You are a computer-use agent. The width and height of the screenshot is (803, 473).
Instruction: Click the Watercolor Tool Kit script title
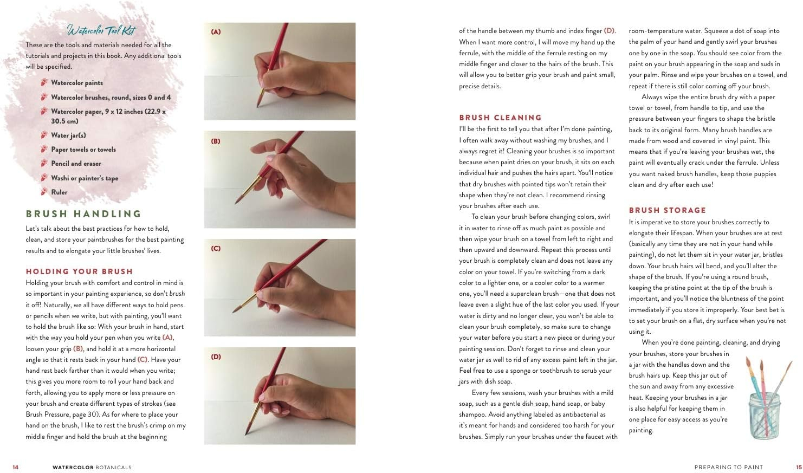click(101, 30)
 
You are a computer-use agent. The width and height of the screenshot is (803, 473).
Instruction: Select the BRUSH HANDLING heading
click(83, 214)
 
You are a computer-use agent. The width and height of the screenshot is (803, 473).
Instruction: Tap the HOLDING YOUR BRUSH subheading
click(79, 271)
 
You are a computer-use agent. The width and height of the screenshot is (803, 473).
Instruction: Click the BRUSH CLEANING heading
click(500, 118)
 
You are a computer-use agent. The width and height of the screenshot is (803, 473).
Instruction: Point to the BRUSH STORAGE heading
click(668, 210)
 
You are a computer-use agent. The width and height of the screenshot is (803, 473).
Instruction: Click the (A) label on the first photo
click(216, 32)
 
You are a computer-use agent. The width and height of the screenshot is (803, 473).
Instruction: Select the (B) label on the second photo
click(216, 141)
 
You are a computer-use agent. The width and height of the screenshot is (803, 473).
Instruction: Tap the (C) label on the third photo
click(216, 249)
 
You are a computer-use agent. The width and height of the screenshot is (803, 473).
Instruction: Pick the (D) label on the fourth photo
click(216, 357)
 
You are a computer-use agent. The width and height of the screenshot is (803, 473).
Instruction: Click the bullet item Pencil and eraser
click(76, 164)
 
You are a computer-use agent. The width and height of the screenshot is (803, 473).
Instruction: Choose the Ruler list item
click(59, 192)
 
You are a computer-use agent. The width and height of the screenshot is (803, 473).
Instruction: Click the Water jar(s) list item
click(68, 135)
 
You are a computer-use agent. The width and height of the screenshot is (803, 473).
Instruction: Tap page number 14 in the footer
click(15, 467)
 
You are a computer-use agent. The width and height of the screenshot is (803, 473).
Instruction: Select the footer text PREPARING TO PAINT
click(728, 467)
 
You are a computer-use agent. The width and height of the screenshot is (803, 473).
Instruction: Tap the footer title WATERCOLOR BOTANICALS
click(92, 467)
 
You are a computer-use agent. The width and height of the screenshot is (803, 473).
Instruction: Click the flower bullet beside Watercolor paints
click(44, 82)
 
